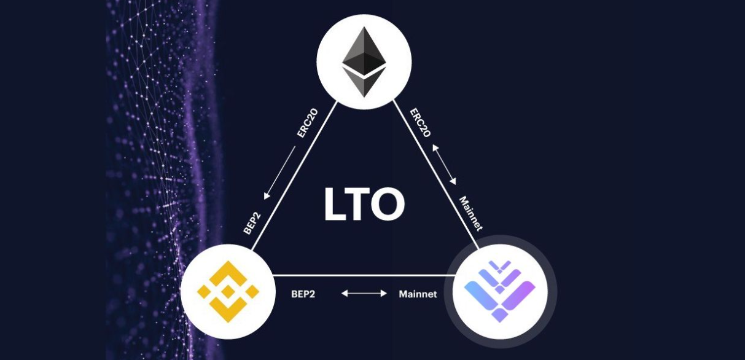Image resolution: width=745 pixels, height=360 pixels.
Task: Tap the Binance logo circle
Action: pos(228,290)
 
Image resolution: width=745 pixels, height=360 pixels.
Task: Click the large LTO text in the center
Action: pos(364,205)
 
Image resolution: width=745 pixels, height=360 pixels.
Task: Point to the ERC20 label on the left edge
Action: pos(306,141)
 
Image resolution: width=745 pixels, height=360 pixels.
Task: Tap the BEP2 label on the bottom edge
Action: pos(303,294)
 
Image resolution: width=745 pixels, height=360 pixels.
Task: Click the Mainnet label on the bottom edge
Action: pos(418,294)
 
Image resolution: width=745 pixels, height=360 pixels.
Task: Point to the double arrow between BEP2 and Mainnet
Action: pos(364,294)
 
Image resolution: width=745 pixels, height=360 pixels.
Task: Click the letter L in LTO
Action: pos(335,205)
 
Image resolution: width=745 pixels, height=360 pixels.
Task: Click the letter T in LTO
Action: pos(360,205)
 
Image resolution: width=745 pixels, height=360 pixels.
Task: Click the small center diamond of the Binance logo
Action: pos(228,290)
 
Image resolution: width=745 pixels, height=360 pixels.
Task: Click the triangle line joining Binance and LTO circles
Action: pos(362,275)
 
